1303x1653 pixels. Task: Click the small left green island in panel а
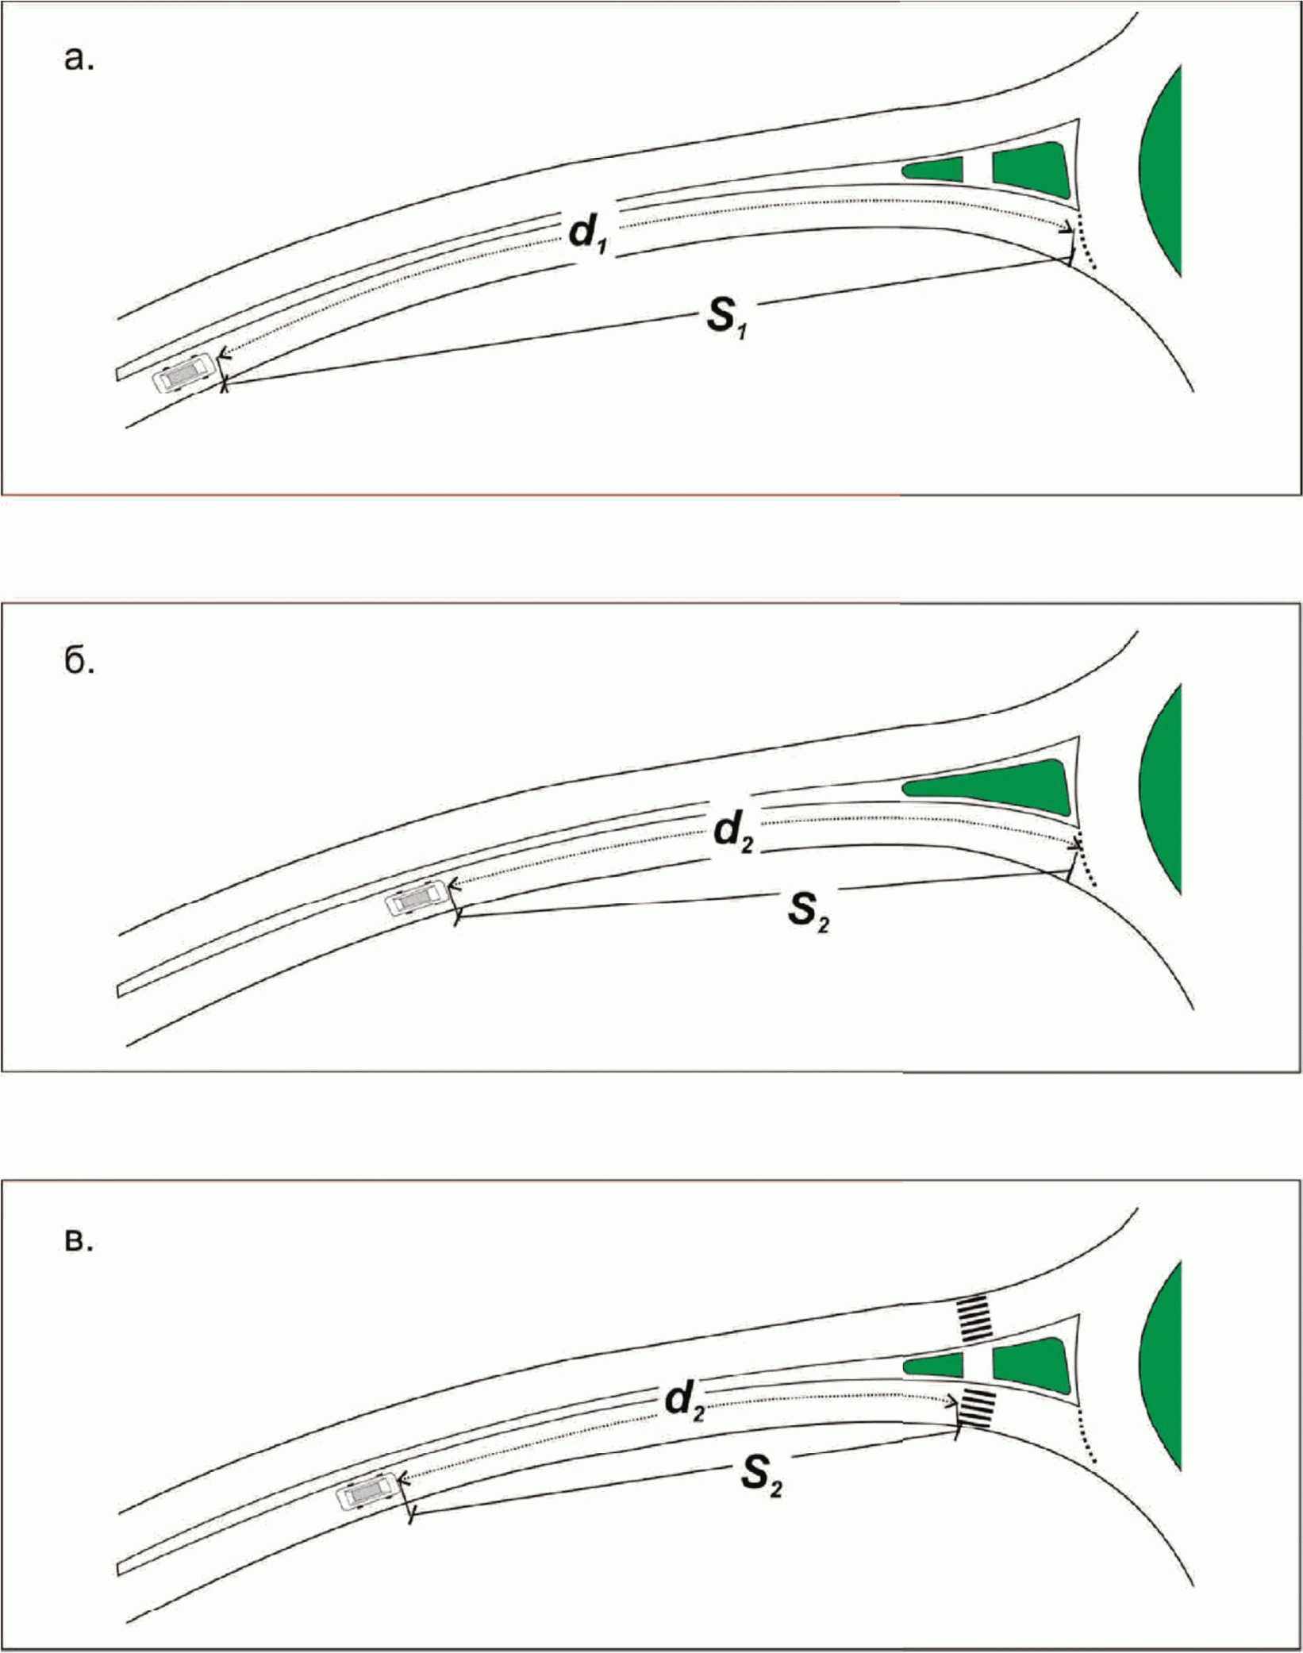(934, 168)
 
